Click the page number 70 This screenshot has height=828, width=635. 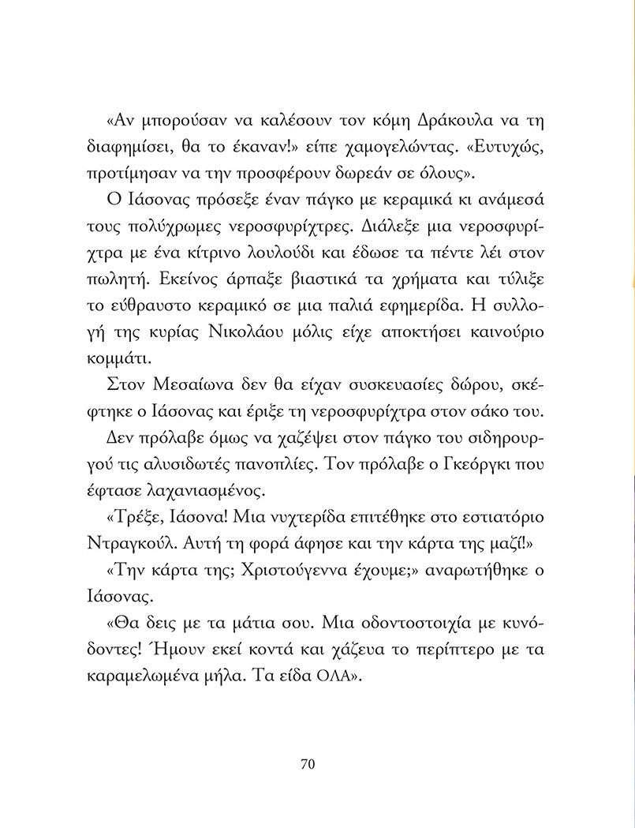point(308,763)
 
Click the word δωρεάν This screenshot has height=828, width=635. point(377,173)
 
